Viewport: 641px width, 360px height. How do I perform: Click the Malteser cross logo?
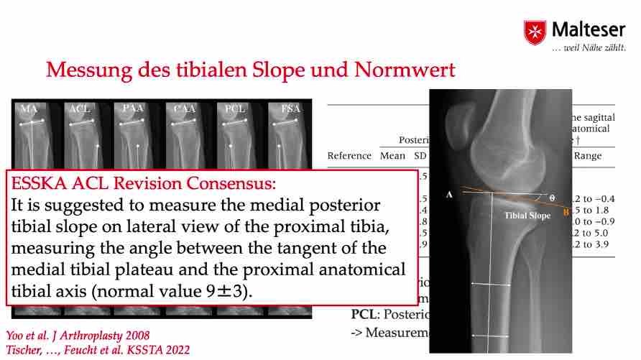click(x=535, y=32)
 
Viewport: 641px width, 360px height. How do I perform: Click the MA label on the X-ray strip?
click(x=29, y=109)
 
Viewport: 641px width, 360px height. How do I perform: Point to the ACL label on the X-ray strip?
click(x=79, y=109)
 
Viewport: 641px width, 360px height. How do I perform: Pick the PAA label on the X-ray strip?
click(x=132, y=109)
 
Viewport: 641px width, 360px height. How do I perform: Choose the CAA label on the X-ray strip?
click(x=183, y=109)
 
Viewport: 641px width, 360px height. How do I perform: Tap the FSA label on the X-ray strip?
click(x=290, y=109)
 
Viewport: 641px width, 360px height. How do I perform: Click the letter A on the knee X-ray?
click(x=449, y=194)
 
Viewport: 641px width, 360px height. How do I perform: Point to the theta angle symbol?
click(x=551, y=196)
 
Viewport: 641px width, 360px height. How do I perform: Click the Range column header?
click(x=587, y=155)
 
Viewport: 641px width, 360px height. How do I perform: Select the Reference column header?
click(x=349, y=155)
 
